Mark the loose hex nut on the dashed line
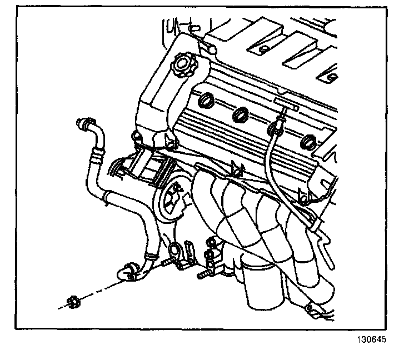(71, 302)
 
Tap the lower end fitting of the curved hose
(126, 272)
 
